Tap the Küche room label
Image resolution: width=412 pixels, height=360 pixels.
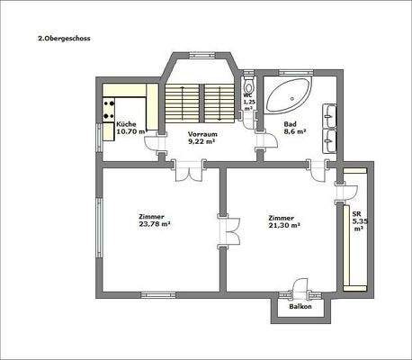[127, 123]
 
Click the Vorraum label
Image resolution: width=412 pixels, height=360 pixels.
[201, 133]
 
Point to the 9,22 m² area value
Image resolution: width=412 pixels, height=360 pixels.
[201, 141]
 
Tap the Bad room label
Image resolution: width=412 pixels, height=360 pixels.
[291, 123]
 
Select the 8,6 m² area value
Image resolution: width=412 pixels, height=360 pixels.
[295, 131]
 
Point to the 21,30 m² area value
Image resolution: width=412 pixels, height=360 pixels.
[283, 224]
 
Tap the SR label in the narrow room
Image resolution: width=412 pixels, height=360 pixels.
[357, 212]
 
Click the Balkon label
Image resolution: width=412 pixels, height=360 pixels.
[300, 307]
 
